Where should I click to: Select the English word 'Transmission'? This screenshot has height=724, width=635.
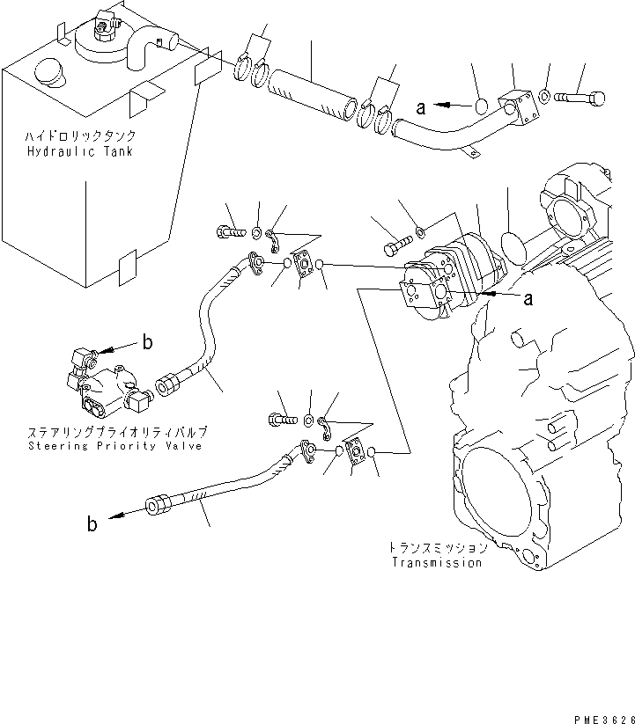pyautogui.click(x=438, y=562)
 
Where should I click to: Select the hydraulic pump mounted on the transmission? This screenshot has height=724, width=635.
pyautogui.click(x=449, y=273)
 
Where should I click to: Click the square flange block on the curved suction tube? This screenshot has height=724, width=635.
pyautogui.click(x=520, y=103)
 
